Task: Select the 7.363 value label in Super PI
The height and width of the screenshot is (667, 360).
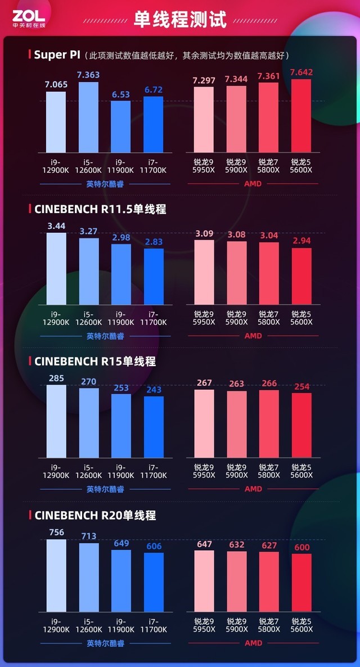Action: pyautogui.click(x=88, y=75)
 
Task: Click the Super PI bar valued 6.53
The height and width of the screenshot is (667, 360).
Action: pyautogui.click(x=120, y=126)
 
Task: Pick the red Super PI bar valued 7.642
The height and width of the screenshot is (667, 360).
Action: pyautogui.click(x=301, y=115)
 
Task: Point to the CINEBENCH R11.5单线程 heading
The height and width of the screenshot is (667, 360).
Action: pyautogui.click(x=100, y=209)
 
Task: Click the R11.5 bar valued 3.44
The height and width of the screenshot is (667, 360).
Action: pyautogui.click(x=56, y=269)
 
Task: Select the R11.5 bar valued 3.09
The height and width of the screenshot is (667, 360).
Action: pyautogui.click(x=204, y=273)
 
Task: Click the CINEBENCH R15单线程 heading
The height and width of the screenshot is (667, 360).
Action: pyautogui.click(x=95, y=362)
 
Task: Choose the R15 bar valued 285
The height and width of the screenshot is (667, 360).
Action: pyautogui.click(x=56, y=422)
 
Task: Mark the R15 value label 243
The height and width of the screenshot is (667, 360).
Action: pyautogui.click(x=154, y=389)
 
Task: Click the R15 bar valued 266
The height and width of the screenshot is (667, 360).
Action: pyautogui.click(x=269, y=423)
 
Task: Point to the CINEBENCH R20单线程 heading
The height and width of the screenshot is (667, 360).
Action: pyautogui.click(x=95, y=515)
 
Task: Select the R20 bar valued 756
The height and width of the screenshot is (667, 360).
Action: pyautogui.click(x=56, y=575)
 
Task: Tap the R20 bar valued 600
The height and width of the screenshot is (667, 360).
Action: pyautogui.click(x=301, y=583)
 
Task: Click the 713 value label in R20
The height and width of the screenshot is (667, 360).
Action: pyautogui.click(x=88, y=536)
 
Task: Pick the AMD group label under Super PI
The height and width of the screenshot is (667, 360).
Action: pyautogui.click(x=253, y=183)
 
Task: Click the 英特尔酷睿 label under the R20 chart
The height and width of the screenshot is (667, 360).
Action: pyautogui.click(x=105, y=643)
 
